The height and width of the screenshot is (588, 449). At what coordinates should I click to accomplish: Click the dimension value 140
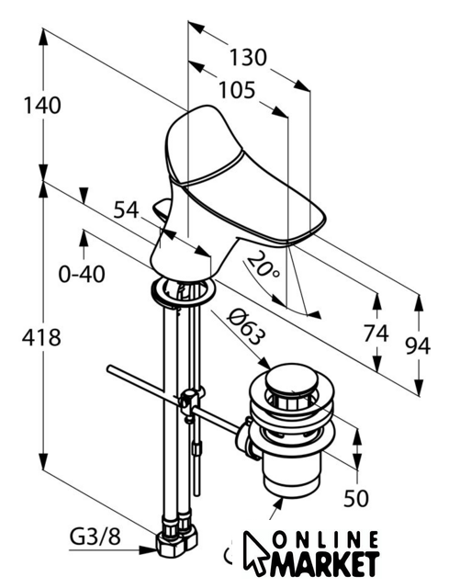tap(42, 106)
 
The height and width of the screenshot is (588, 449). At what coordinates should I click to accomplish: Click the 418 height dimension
tap(41, 337)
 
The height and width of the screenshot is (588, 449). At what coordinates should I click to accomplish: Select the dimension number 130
tap(248, 58)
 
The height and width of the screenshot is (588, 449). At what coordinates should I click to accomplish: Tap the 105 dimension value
tap(237, 90)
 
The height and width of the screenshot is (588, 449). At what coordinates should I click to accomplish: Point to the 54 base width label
tap(127, 210)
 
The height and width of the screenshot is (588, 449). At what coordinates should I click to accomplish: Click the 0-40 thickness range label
tap(82, 274)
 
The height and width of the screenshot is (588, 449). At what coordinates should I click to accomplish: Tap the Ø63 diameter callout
tap(245, 327)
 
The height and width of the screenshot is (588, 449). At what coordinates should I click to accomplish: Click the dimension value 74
tap(376, 334)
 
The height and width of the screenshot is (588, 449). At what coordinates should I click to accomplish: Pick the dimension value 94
tap(418, 345)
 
